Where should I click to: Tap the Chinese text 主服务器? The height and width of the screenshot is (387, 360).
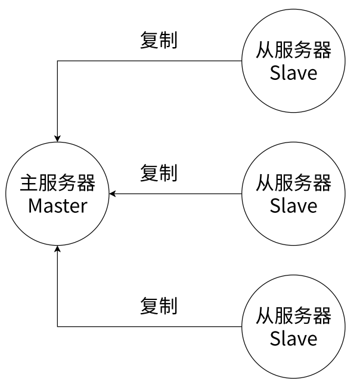coord(57,183)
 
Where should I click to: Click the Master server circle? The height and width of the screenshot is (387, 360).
coord(57,194)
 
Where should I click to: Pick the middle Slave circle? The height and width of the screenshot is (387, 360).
coord(293,194)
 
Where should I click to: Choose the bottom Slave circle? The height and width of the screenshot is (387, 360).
coord(293,326)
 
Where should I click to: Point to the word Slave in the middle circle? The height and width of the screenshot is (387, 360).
coord(293,206)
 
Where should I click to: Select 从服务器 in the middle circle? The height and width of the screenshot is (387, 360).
coord(293,183)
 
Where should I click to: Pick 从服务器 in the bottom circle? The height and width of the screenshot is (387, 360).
coord(293,315)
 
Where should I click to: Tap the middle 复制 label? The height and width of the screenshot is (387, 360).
coord(159,173)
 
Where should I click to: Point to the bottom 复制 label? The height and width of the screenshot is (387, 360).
coord(159,306)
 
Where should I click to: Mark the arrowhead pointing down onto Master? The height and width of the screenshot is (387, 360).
coord(57,138)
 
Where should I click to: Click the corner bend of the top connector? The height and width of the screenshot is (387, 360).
coord(57,61)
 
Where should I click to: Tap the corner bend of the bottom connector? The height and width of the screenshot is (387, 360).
coord(57,326)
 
